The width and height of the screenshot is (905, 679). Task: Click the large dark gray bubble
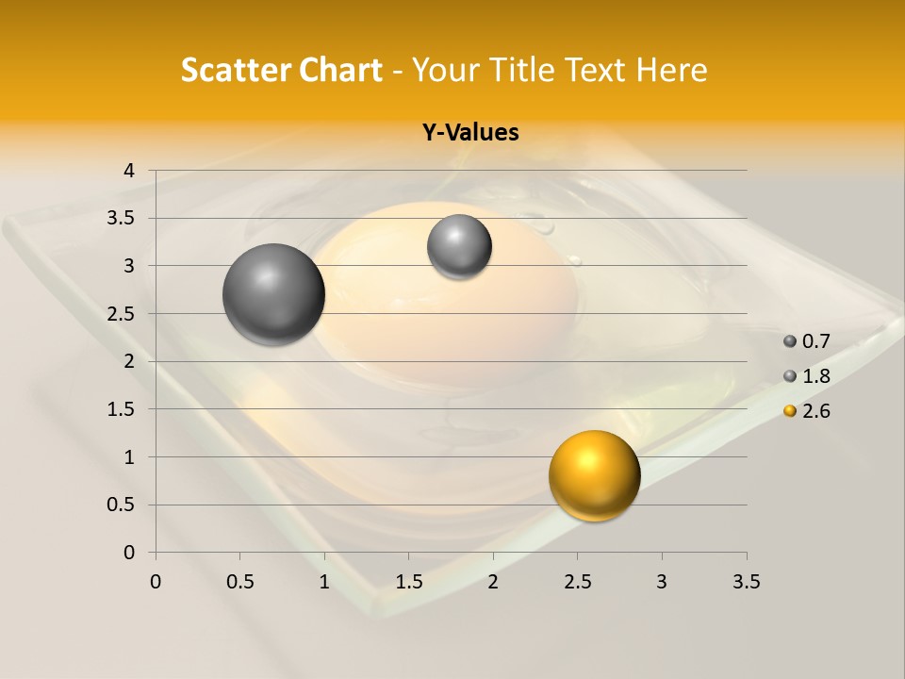pyautogui.click(x=273, y=294)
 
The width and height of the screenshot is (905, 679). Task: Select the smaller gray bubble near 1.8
pyautogui.click(x=459, y=246)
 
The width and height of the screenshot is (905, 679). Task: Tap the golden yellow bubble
pyautogui.click(x=594, y=475)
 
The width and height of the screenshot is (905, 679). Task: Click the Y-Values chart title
pyautogui.click(x=470, y=133)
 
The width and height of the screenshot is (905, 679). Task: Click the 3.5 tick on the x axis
pyautogui.click(x=746, y=582)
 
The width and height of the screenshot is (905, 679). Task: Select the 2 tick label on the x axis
pyautogui.click(x=493, y=582)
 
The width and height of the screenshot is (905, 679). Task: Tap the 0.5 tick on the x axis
pyautogui.click(x=240, y=582)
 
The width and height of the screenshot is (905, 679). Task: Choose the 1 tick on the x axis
pyautogui.click(x=324, y=582)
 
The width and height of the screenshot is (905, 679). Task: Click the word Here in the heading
pyautogui.click(x=672, y=70)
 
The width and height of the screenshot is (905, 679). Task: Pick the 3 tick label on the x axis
pyautogui.click(x=662, y=582)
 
